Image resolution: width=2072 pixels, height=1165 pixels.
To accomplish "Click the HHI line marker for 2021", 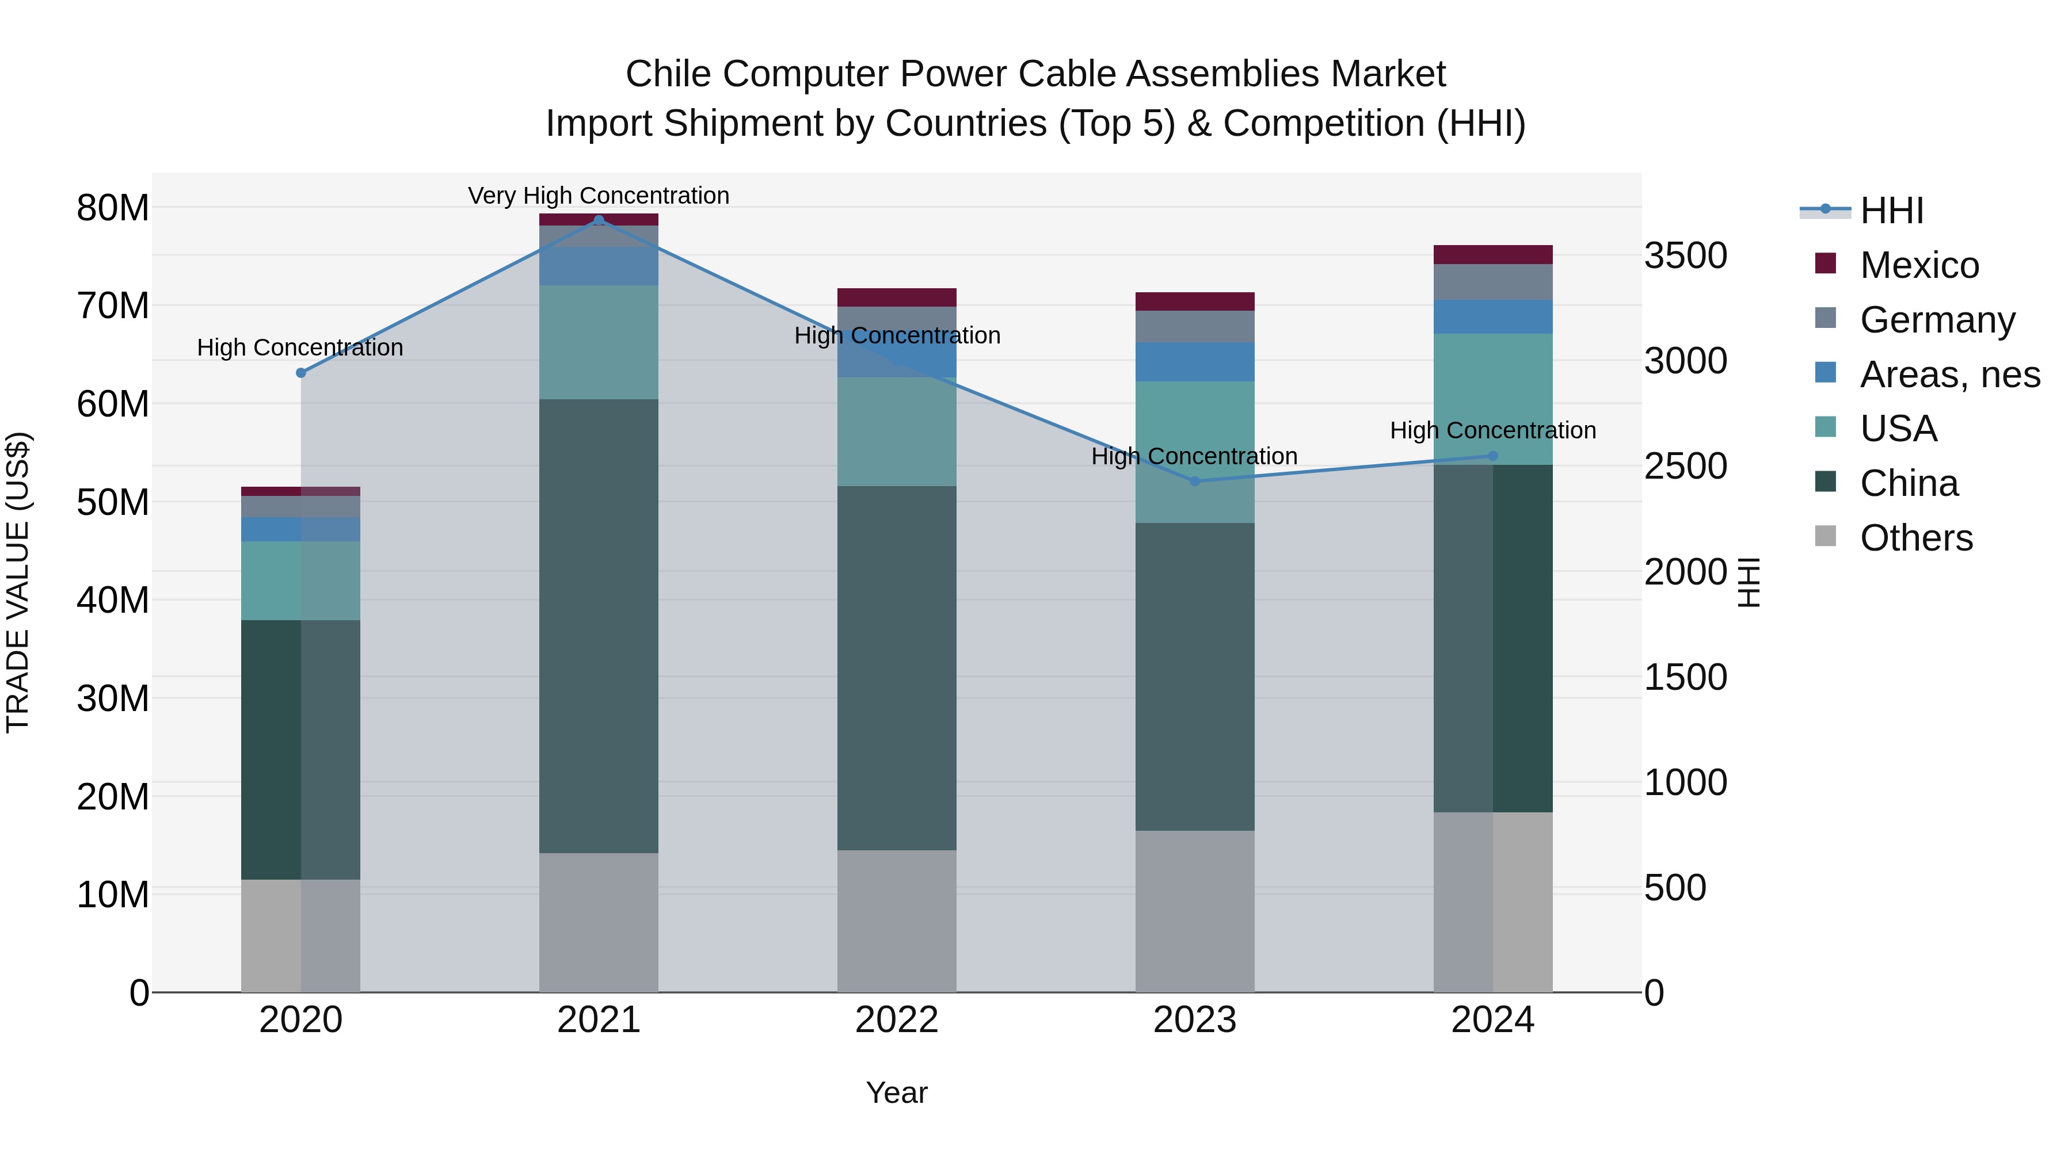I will (599, 220).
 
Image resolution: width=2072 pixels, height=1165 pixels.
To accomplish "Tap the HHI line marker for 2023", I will (1194, 481).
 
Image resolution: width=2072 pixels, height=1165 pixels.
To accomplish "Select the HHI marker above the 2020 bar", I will (301, 372).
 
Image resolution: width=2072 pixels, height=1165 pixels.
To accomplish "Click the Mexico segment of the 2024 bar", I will (1493, 254).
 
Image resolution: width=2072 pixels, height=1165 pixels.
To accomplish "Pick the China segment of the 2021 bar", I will (599, 625).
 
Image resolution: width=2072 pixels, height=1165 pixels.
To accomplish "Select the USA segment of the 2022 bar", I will (897, 431).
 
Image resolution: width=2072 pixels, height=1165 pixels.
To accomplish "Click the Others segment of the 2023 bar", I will (1194, 911).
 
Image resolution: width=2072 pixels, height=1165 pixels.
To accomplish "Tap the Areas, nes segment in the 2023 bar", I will (1194, 362).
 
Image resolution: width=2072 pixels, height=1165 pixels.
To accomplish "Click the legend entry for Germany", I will (1937, 319).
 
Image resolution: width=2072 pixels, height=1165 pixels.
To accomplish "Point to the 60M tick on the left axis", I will (113, 404).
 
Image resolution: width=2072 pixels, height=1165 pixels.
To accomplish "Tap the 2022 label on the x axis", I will (897, 1020).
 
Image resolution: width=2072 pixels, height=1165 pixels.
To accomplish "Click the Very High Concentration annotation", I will (599, 196).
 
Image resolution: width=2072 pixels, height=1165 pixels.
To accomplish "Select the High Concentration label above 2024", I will (1493, 430).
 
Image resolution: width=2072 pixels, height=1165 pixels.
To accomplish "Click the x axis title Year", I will (897, 1093).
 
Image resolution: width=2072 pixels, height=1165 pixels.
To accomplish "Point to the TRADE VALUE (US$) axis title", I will (18, 582).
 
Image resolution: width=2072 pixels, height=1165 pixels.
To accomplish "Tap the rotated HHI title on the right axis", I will (1748, 582).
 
